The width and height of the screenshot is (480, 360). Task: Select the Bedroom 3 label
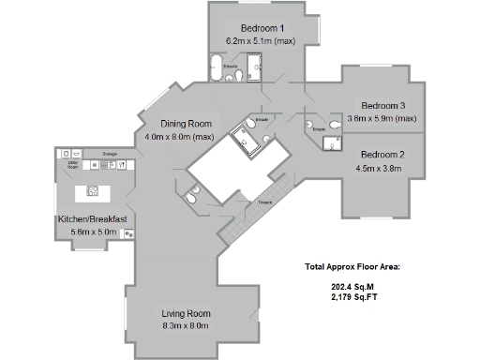pos(383,105)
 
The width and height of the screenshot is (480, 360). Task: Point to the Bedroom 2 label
pos(382,154)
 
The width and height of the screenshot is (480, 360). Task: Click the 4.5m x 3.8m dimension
pos(379,169)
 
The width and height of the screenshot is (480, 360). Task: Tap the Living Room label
pos(186,312)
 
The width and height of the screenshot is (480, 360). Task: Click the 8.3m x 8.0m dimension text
pos(186,325)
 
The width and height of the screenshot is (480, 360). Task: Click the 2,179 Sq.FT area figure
pos(352,297)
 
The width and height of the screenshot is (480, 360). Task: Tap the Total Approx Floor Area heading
pos(352,267)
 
